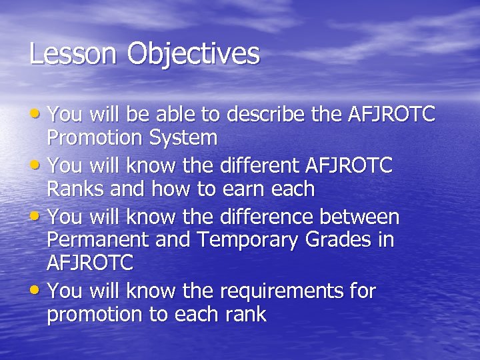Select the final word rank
(x=245, y=315)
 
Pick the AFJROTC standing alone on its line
(x=90, y=263)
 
